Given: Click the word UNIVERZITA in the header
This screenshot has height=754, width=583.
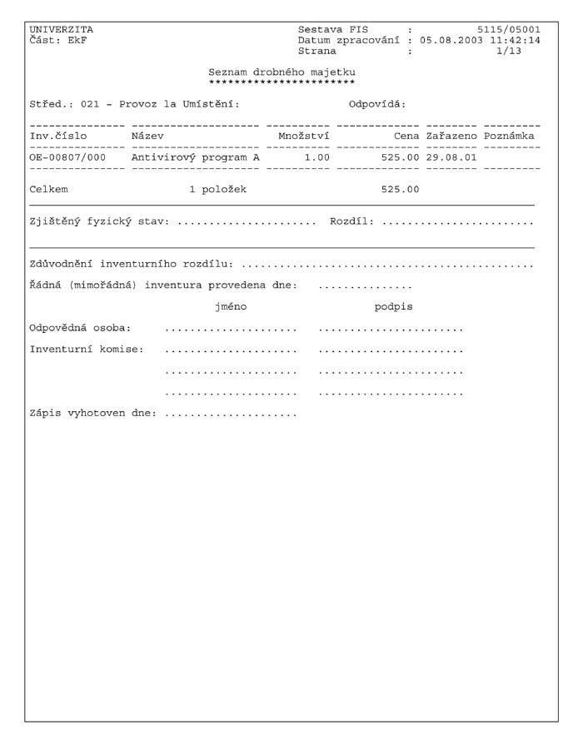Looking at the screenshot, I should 61,30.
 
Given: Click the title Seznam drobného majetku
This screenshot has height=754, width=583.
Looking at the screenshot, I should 282,72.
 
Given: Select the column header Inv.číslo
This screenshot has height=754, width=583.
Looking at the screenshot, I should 58,136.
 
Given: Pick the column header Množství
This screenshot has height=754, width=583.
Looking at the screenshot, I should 304,136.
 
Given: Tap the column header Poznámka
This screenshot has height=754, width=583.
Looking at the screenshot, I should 509,136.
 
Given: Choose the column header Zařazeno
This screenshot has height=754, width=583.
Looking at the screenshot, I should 451,136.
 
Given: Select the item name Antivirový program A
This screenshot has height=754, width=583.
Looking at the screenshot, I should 196,157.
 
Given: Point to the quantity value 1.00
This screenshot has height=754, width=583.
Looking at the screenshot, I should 317,157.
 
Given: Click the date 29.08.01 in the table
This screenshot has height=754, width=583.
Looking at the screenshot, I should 451,157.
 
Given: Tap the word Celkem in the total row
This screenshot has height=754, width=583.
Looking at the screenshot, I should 48,190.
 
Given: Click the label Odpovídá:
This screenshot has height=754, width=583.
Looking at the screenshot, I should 376,104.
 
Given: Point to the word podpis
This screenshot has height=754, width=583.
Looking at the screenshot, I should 393,307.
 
